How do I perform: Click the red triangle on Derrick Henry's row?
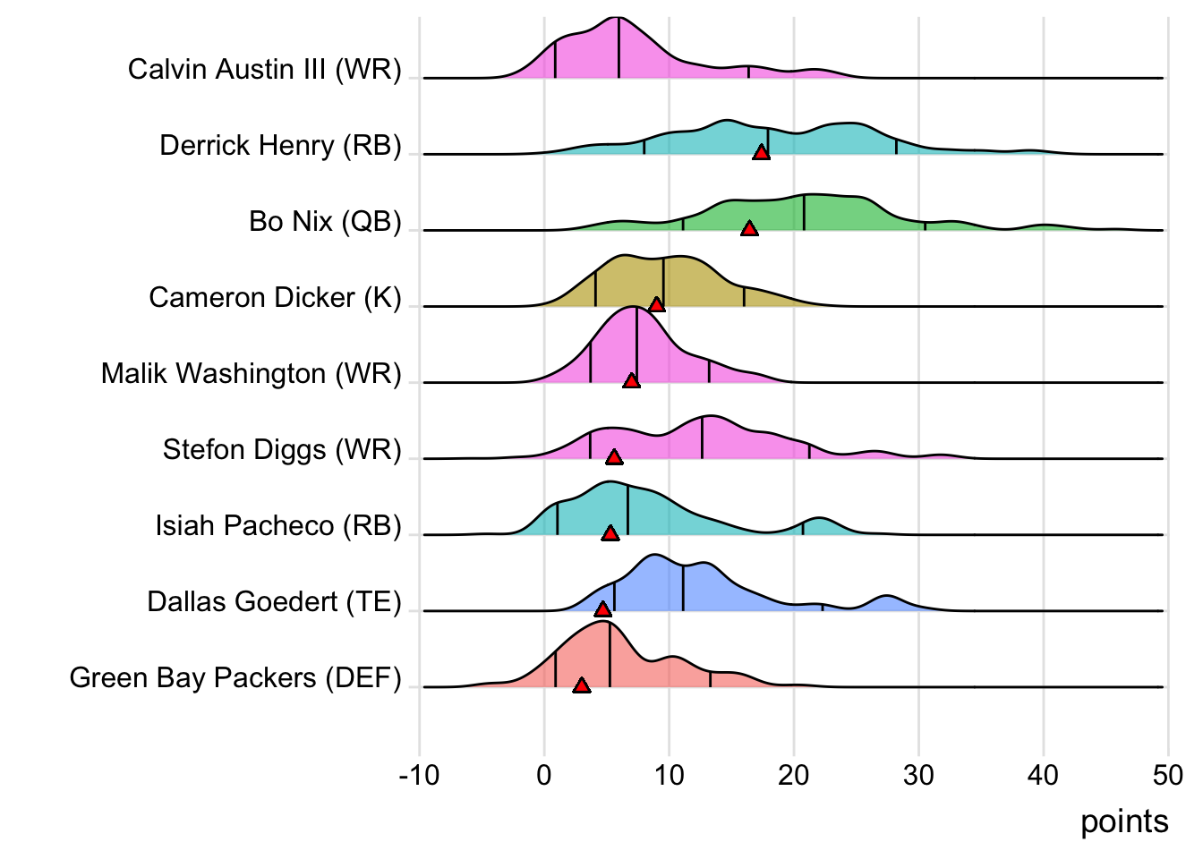tap(761, 153)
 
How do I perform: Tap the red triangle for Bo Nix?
tap(749, 229)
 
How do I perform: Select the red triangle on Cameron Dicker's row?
tap(656, 305)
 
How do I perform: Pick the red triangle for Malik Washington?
tap(631, 381)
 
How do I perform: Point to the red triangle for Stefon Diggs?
tap(614, 457)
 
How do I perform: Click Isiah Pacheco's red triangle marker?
tap(610, 533)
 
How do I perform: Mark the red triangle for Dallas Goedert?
tap(602, 609)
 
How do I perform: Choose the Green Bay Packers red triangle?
tap(582, 685)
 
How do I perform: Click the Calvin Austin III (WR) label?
tap(264, 69)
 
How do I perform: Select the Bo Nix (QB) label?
tap(325, 221)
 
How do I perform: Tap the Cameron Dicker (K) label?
tap(275, 297)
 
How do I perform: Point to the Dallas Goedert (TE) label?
tap(274, 601)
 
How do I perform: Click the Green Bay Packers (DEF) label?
tap(235, 677)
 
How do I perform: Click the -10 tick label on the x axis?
tap(419, 775)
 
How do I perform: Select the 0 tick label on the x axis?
tap(544, 775)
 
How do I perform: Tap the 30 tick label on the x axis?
tap(918, 775)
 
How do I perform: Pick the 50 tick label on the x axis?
tap(1168, 775)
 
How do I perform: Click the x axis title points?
tap(1124, 821)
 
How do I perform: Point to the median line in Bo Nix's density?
tap(804, 212)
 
